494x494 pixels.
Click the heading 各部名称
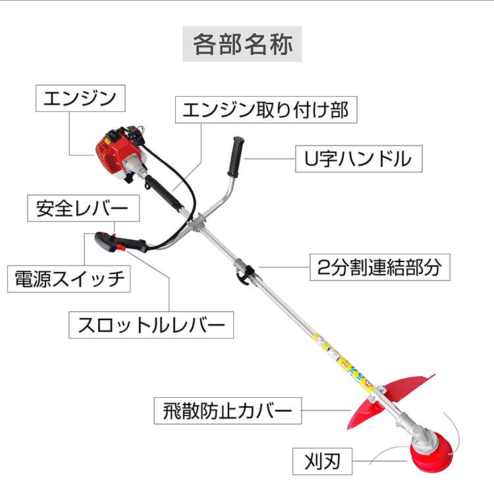(242, 44)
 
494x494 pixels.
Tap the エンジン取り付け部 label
(265, 110)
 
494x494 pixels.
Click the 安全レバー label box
(83, 209)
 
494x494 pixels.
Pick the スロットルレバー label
(151, 325)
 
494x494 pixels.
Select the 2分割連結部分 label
(380, 267)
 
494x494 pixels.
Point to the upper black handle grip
(236, 155)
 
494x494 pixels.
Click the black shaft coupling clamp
(247, 271)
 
